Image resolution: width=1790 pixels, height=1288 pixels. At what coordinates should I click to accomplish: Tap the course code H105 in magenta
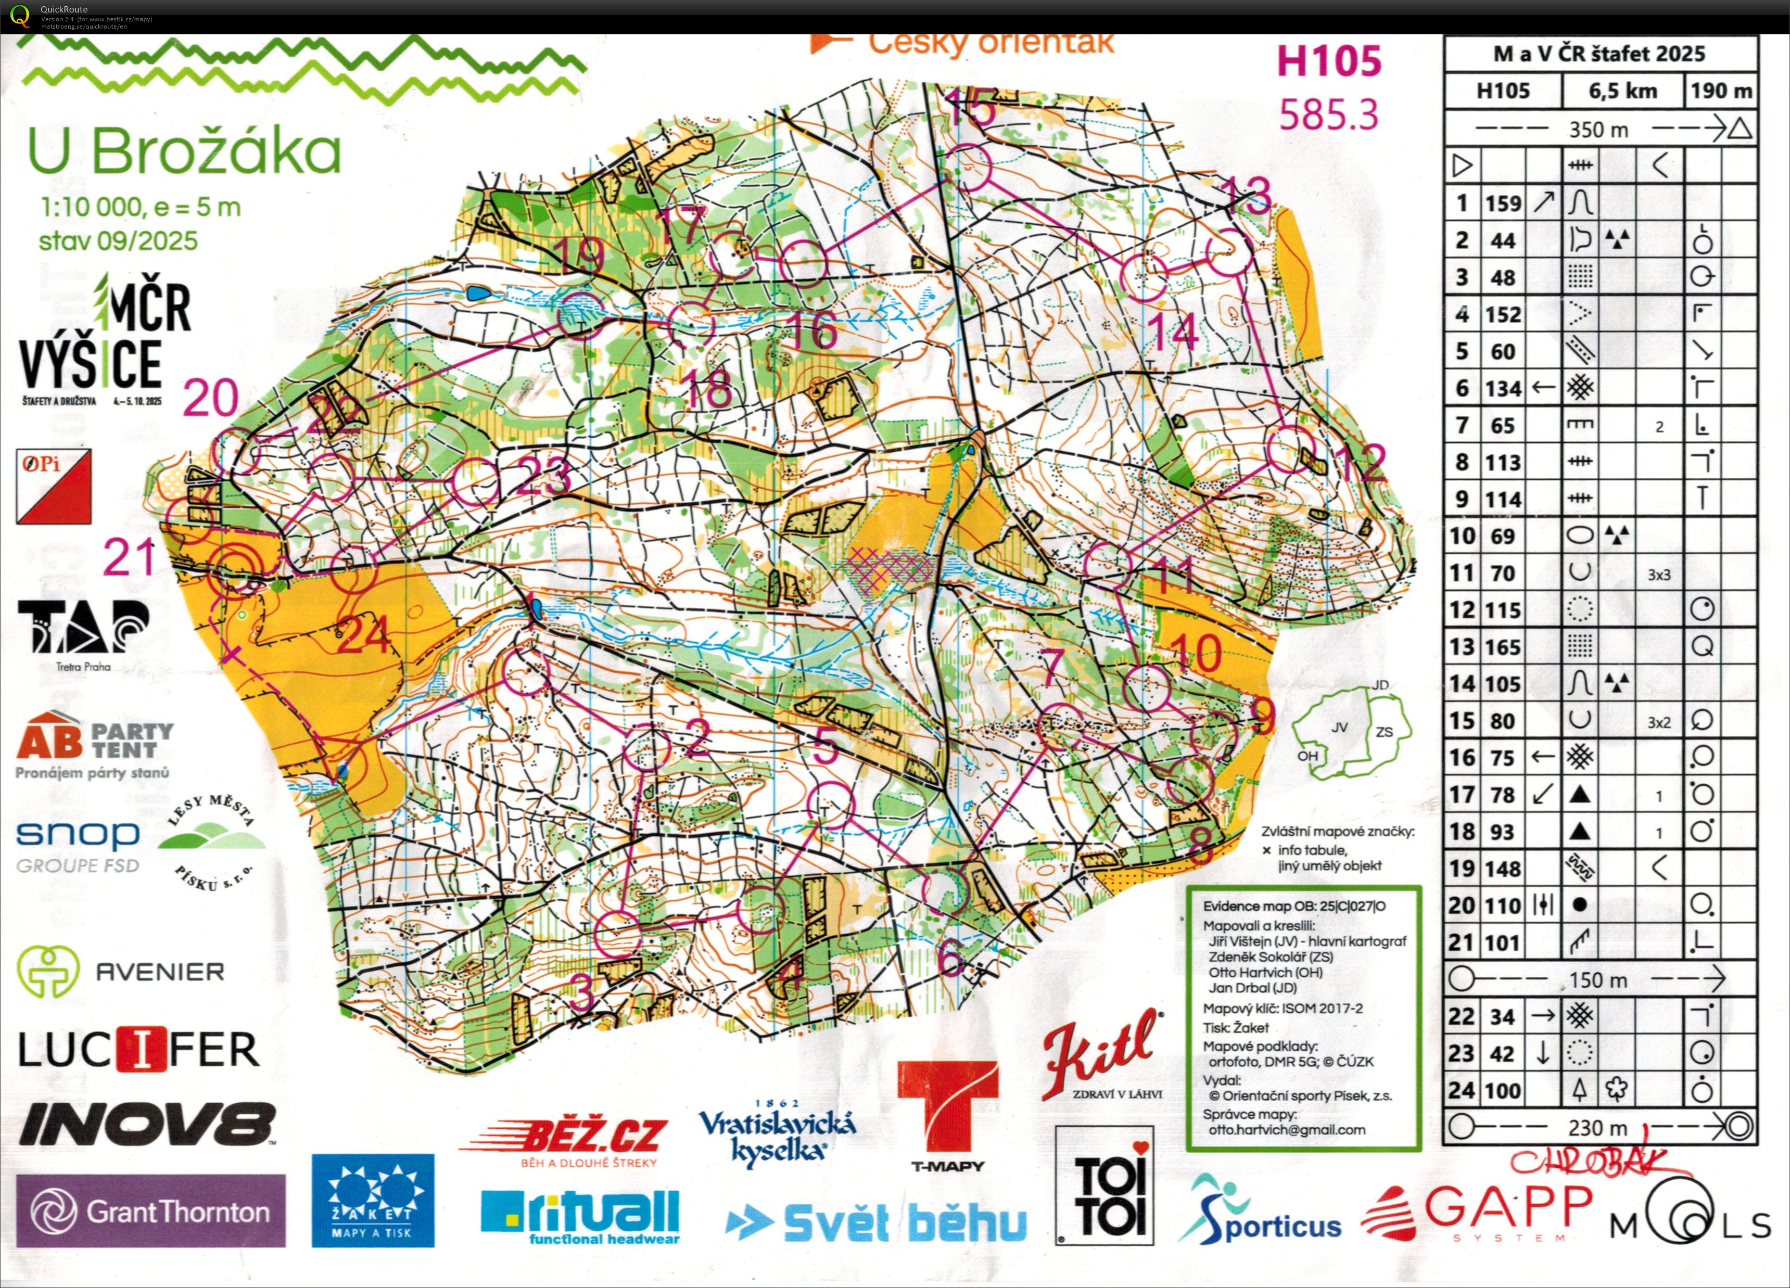click(1329, 61)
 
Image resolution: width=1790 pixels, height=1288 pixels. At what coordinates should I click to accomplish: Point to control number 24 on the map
click(364, 634)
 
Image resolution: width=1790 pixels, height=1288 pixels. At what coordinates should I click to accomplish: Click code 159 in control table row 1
click(1503, 203)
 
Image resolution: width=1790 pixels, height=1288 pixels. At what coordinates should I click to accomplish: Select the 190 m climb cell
click(1721, 91)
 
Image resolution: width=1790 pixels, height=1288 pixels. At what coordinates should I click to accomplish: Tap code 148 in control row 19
click(1503, 869)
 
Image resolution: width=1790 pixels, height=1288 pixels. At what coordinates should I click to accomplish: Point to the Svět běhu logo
click(876, 1222)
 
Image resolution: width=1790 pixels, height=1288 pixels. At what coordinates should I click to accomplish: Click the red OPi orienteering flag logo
click(54, 486)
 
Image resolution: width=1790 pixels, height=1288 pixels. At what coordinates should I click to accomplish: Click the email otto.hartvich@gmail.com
click(1287, 1129)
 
